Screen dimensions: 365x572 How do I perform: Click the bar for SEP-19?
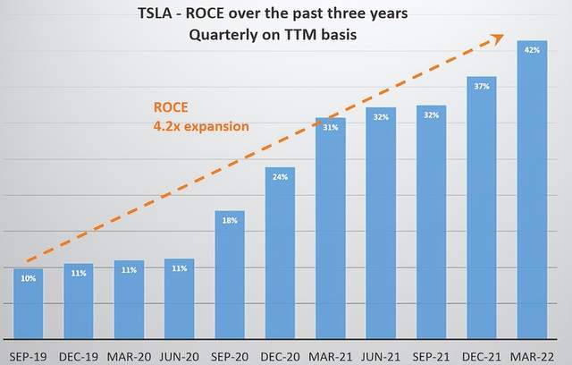tap(29, 301)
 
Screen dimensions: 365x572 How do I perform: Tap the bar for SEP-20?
tap(230, 272)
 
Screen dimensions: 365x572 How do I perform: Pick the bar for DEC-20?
tap(280, 250)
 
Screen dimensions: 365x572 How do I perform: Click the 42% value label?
tap(532, 50)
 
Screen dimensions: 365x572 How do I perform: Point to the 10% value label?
tap(29, 278)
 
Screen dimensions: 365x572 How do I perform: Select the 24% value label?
tap(280, 176)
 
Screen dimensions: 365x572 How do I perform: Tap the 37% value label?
tap(482, 86)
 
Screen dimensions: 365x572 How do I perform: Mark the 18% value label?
tap(230, 219)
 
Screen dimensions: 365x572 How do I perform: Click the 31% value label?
tap(331, 127)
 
